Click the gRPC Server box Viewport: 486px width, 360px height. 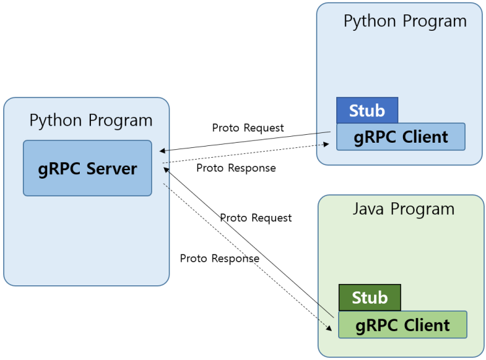87,168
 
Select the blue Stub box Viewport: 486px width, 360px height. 367,111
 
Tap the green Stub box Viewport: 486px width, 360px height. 370,298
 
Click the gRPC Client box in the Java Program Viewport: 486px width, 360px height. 402,325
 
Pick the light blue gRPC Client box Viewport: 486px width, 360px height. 400,137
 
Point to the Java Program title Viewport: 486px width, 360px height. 403,209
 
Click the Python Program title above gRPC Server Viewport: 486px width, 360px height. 91,120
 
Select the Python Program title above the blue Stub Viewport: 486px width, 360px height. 405,21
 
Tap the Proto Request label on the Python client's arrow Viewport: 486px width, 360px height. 248,128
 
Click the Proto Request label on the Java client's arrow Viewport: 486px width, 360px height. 256,217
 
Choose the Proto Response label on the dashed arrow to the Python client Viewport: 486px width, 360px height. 236,168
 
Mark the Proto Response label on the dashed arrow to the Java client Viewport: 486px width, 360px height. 220,259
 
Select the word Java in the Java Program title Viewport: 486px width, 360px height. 370,209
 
